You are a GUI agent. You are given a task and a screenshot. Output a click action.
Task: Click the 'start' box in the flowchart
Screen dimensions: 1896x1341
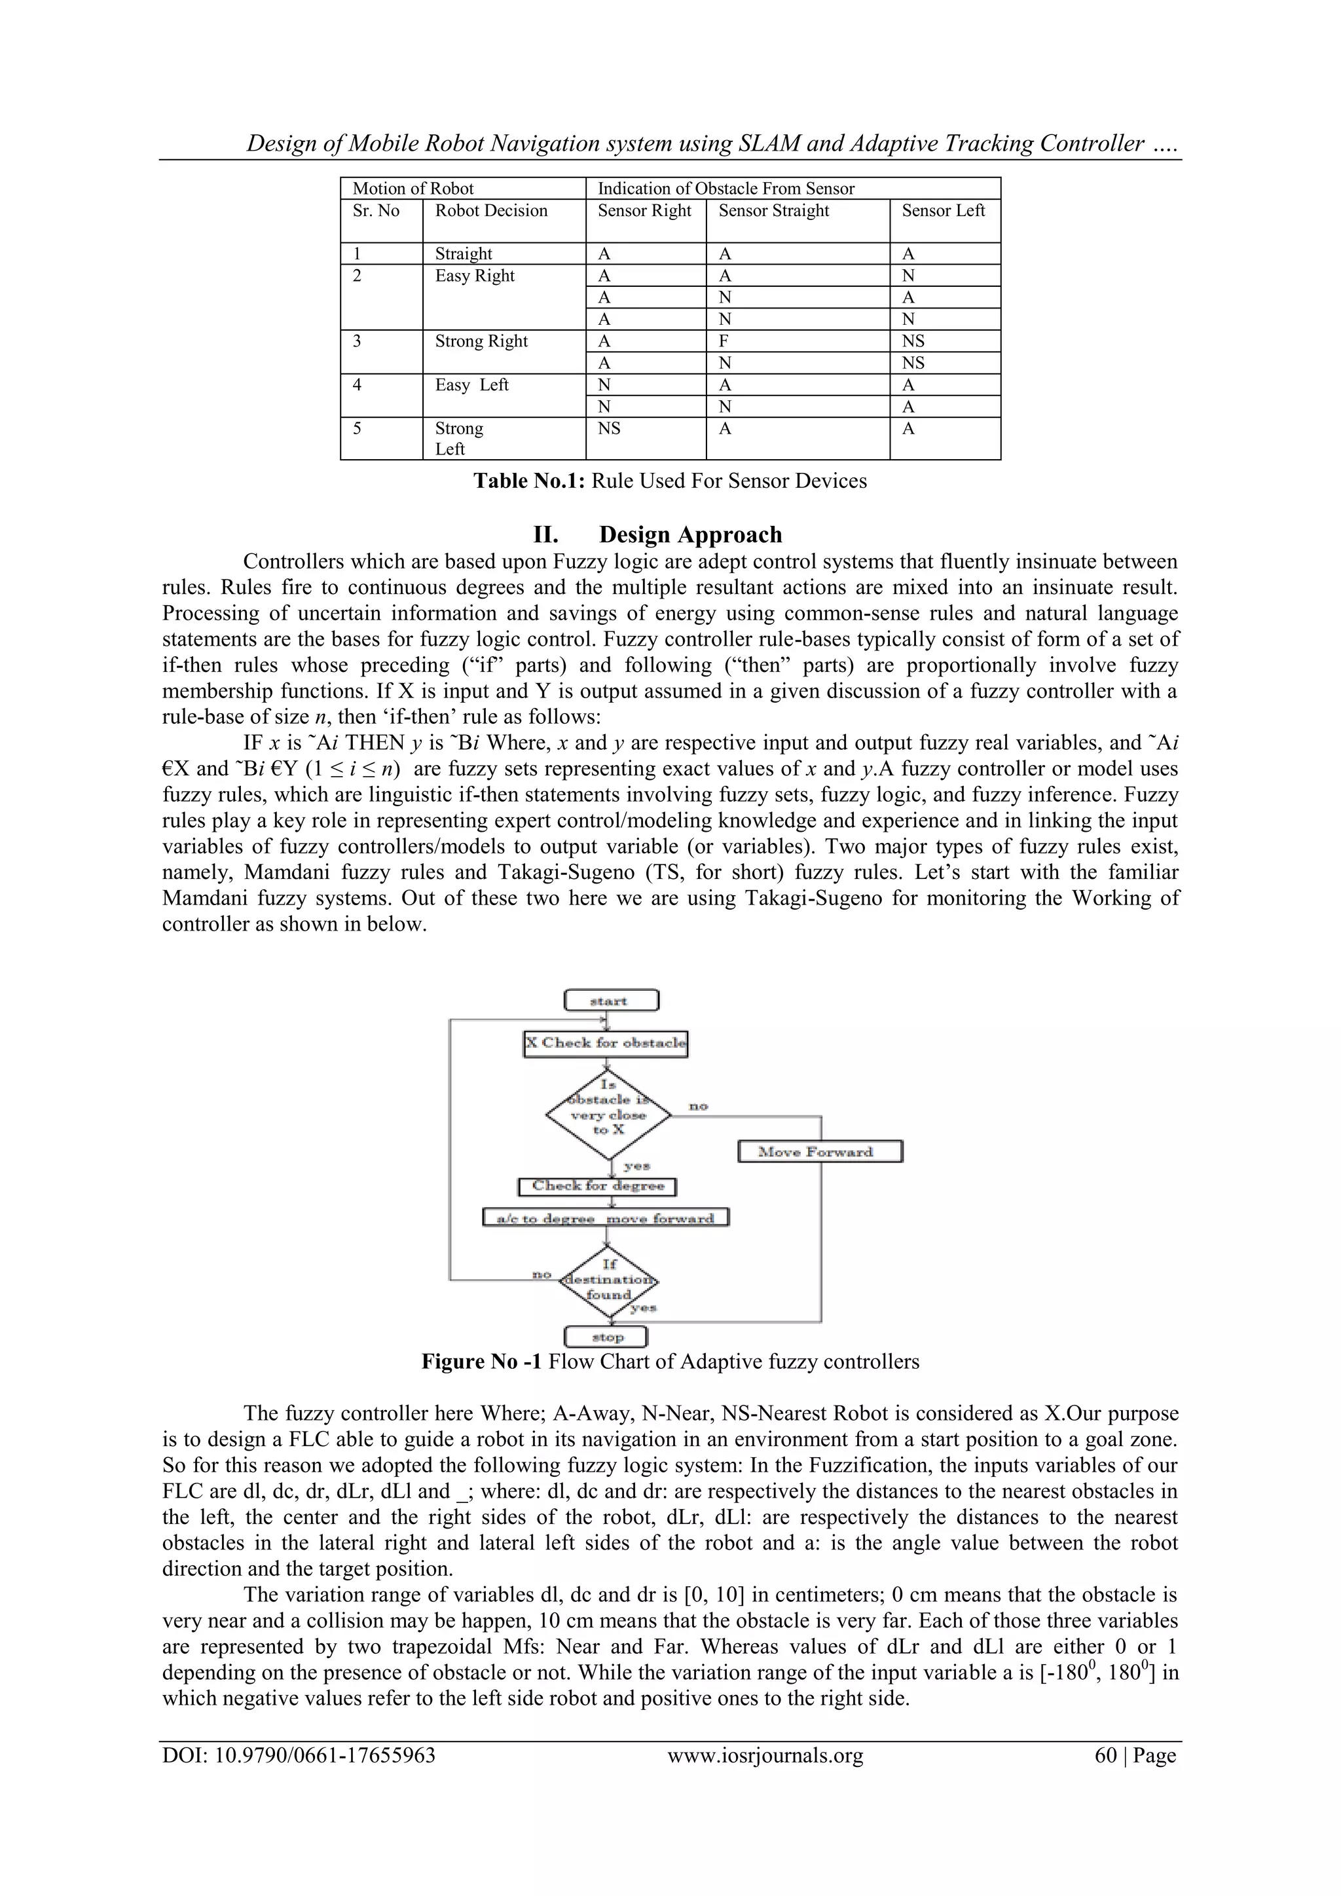(611, 1001)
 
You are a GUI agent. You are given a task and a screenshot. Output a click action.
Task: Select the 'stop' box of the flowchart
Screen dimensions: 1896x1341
(606, 1337)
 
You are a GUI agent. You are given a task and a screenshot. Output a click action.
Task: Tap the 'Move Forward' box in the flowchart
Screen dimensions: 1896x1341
(819, 1151)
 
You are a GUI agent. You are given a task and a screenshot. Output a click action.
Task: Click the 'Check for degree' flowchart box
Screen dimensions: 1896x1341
(597, 1187)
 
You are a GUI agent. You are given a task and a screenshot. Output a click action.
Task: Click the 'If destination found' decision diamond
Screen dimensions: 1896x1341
(608, 1281)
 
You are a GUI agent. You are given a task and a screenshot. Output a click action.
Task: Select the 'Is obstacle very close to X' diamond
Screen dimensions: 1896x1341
(608, 1114)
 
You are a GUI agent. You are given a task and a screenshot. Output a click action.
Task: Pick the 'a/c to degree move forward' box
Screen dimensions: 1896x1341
(605, 1218)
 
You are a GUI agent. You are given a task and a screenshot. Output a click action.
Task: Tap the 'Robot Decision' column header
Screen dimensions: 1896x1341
(491, 211)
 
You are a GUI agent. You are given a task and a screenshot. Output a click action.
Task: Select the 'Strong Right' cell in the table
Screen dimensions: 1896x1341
(481, 341)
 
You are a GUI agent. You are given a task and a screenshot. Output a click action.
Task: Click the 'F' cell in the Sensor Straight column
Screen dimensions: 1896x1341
(724, 341)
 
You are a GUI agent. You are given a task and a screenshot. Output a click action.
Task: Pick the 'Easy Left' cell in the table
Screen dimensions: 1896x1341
(471, 385)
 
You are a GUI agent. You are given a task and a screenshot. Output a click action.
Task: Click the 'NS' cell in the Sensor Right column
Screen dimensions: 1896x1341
(610, 428)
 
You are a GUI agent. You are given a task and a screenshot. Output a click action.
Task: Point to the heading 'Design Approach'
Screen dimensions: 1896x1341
(690, 534)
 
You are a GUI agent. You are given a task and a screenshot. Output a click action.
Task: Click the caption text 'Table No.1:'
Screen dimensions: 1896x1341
(529, 481)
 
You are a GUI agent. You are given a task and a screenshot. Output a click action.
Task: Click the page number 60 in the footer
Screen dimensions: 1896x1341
(1105, 1756)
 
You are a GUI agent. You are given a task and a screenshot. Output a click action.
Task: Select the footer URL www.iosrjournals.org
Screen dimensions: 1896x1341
(765, 1756)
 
